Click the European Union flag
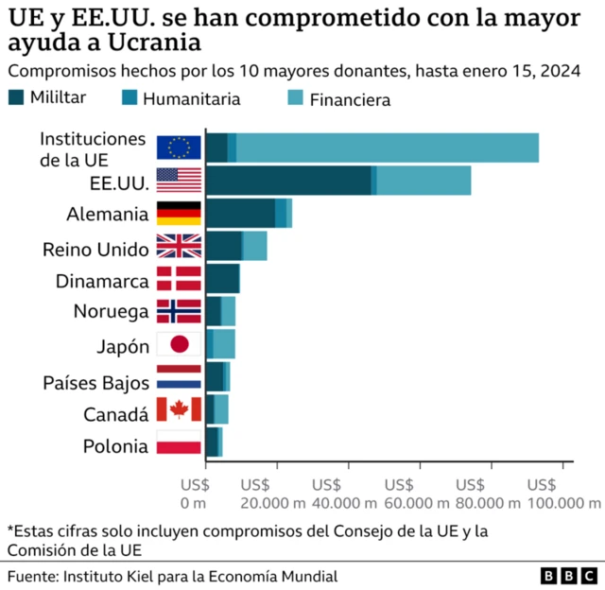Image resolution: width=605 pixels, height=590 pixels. click(x=179, y=147)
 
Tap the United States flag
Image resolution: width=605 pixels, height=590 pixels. click(x=179, y=180)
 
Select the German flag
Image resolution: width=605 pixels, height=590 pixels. click(x=179, y=214)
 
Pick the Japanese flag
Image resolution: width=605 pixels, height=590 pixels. click(x=179, y=344)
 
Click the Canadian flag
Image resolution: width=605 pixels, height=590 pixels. click(x=179, y=409)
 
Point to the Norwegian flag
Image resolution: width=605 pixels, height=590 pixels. click(x=179, y=311)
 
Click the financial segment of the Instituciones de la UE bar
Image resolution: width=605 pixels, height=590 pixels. click(x=388, y=147)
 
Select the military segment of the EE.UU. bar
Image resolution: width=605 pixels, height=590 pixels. click(x=287, y=180)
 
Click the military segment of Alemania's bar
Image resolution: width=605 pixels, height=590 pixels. click(x=240, y=213)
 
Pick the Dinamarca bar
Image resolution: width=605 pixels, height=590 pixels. click(x=222, y=279)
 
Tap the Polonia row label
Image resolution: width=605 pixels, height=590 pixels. click(x=115, y=446)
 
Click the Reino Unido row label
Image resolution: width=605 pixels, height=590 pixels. click(x=95, y=250)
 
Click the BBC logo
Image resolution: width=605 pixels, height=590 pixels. click(x=568, y=575)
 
